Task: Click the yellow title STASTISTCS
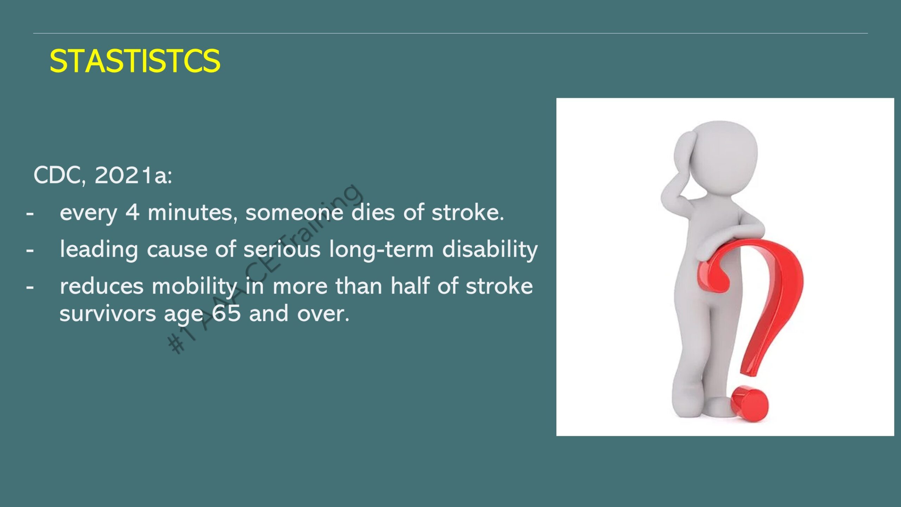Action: pyautogui.click(x=135, y=61)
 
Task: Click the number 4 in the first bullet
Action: pyautogui.click(x=132, y=212)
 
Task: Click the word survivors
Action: pyautogui.click(x=108, y=313)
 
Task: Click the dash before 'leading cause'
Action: pyautogui.click(x=30, y=251)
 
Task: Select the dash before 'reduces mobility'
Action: pyautogui.click(x=30, y=287)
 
